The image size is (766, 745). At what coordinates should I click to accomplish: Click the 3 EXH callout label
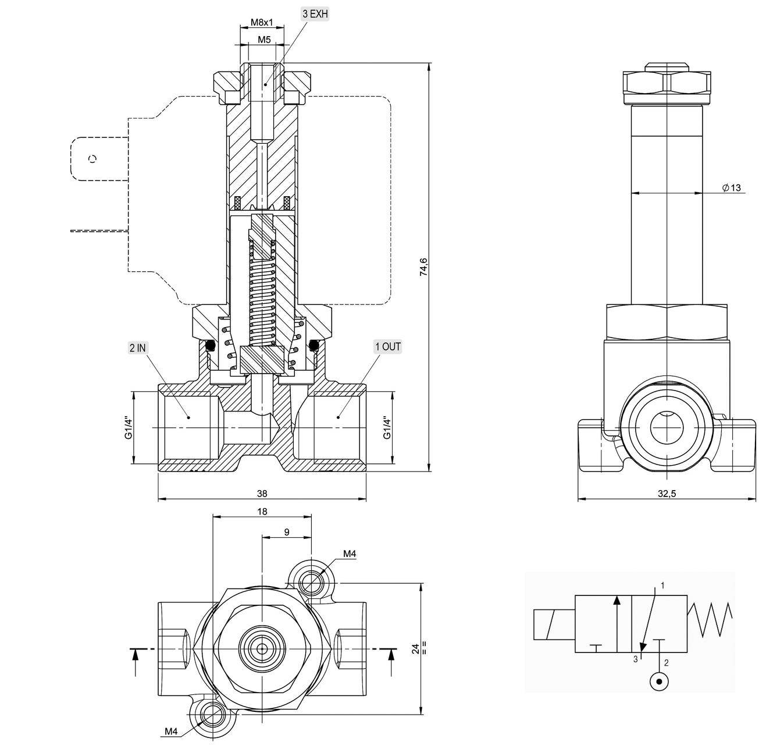tap(315, 14)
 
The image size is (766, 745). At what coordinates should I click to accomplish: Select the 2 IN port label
tap(138, 348)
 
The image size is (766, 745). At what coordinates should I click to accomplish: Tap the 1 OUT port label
tap(388, 347)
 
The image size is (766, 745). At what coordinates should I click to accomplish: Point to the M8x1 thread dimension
tap(262, 22)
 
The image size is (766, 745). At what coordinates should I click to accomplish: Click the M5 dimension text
tap(264, 40)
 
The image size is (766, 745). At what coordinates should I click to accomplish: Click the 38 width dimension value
tap(262, 494)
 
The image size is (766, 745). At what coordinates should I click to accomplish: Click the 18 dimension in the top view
tap(262, 512)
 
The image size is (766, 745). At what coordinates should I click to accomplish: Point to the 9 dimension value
tap(287, 532)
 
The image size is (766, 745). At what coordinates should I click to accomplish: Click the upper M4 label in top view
tap(349, 554)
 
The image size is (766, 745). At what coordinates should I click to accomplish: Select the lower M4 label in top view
tap(171, 732)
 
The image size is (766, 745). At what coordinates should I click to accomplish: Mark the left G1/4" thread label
tap(129, 428)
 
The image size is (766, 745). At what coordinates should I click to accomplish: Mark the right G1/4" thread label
tap(386, 428)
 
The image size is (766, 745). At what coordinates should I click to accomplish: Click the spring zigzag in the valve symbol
tap(710, 619)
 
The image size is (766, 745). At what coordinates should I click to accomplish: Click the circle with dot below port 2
tap(659, 681)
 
